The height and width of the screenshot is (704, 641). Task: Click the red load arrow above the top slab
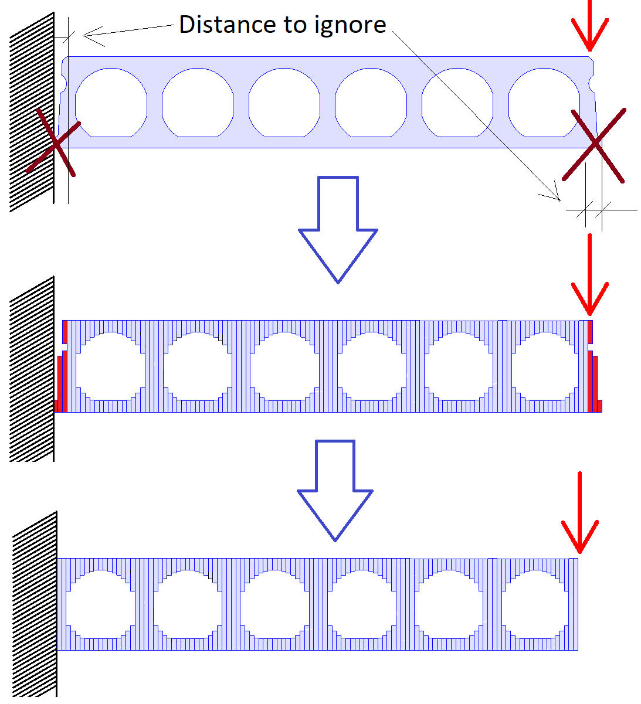(x=590, y=26)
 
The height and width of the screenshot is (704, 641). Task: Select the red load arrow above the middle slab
(x=590, y=276)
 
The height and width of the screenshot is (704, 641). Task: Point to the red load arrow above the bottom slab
(x=579, y=513)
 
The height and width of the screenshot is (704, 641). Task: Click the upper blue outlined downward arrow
(x=338, y=229)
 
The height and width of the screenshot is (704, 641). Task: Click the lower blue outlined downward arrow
(x=335, y=489)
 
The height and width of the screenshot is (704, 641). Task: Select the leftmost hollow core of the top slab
(x=111, y=103)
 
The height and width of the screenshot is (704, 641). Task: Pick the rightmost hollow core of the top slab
(x=544, y=103)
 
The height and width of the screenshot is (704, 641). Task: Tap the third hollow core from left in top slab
(x=284, y=103)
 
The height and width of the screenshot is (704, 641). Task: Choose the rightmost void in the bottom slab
(x=535, y=604)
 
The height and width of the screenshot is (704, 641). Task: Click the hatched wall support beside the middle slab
(x=32, y=369)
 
